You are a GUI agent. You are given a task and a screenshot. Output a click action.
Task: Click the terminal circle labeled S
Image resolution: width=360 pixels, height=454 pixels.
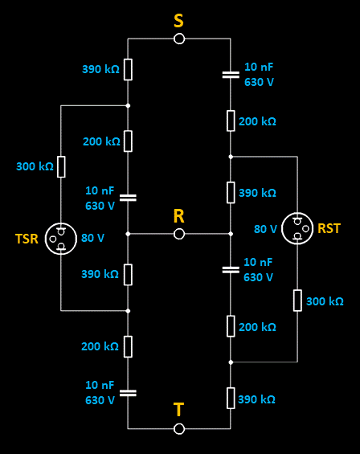[179, 39]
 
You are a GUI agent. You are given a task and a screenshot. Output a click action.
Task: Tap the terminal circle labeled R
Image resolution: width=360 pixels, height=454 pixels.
[179, 234]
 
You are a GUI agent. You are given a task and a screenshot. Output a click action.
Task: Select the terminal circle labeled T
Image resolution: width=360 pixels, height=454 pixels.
[179, 428]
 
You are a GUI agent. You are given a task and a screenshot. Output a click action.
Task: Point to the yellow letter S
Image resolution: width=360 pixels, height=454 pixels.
[178, 21]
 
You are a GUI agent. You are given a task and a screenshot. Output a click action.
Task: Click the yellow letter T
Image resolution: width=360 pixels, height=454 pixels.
[178, 410]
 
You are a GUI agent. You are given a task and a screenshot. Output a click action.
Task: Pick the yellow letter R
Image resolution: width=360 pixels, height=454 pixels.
[178, 216]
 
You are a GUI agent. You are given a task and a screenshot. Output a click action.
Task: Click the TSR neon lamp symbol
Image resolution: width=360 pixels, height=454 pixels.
[61, 239]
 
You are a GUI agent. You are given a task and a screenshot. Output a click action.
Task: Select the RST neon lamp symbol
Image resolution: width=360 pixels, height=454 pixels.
[297, 228]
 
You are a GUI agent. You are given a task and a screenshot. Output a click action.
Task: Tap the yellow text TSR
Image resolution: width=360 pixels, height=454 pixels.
[27, 239]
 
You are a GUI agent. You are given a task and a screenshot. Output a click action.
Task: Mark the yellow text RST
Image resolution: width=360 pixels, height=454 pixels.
[329, 228]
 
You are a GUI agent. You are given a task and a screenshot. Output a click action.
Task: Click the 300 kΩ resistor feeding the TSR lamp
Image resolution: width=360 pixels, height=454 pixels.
[61, 166]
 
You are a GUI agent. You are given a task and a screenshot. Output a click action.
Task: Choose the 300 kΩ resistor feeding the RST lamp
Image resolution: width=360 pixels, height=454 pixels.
[297, 301]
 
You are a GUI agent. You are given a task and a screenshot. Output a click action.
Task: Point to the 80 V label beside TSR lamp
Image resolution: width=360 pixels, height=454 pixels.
[92, 238]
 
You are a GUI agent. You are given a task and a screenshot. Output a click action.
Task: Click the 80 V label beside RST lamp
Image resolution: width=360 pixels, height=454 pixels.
[265, 229]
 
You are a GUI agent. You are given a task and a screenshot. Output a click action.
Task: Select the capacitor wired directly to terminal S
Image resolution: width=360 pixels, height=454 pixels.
[231, 75]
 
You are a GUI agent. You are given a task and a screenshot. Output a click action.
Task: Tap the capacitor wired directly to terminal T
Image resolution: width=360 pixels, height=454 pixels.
[128, 393]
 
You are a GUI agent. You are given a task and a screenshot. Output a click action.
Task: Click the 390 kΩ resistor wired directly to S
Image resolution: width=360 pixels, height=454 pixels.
[128, 69]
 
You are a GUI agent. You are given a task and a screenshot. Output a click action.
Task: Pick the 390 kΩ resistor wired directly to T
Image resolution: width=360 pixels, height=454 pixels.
[231, 398]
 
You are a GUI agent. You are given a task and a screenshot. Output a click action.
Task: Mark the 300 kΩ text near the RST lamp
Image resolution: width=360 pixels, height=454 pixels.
[325, 301]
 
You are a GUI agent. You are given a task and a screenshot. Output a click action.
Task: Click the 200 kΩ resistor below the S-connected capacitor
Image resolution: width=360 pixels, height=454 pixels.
[231, 121]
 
